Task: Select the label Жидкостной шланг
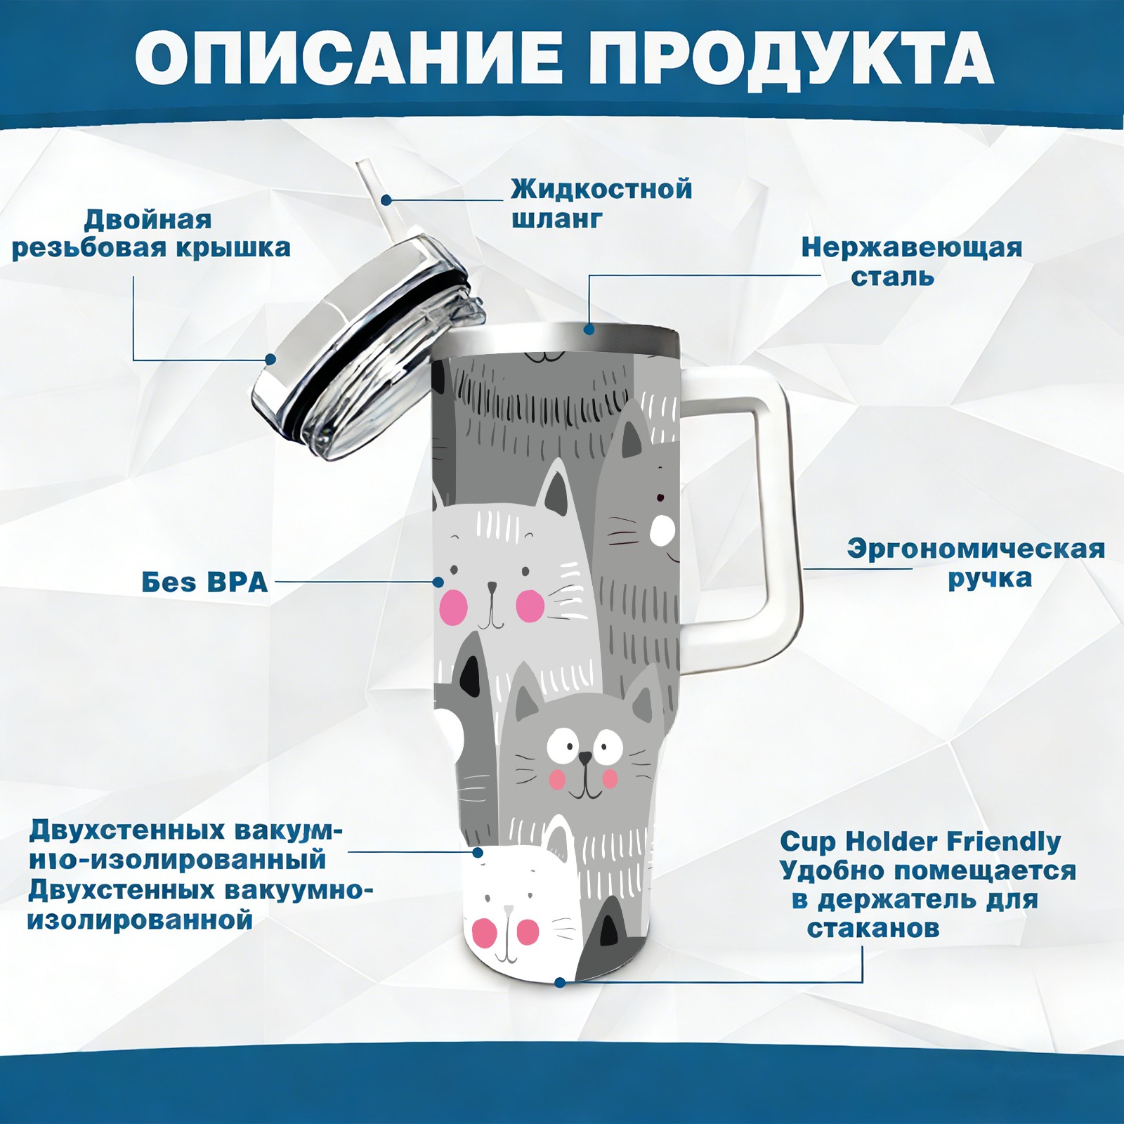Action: pyautogui.click(x=601, y=203)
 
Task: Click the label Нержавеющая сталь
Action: pyautogui.click(x=912, y=261)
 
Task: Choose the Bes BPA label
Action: pyautogui.click(x=205, y=582)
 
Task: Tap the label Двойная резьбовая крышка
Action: pyautogui.click(x=151, y=234)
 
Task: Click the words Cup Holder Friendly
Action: pyautogui.click(x=920, y=842)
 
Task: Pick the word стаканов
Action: pyautogui.click(x=873, y=929)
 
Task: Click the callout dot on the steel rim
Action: pyautogui.click(x=589, y=328)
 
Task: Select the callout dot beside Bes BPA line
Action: pyautogui.click(x=438, y=582)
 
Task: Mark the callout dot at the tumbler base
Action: pyautogui.click(x=559, y=982)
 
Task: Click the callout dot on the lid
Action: pyautogui.click(x=270, y=359)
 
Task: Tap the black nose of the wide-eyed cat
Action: pyautogui.click(x=584, y=759)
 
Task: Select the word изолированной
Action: pyautogui.click(x=140, y=920)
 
